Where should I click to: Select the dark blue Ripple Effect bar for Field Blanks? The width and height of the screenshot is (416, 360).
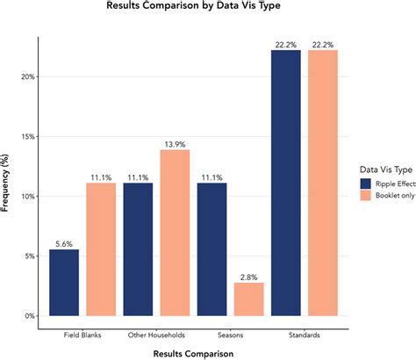click(64, 283)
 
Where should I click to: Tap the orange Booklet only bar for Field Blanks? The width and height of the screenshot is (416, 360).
click(101, 250)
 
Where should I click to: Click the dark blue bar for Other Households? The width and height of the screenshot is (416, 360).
click(139, 250)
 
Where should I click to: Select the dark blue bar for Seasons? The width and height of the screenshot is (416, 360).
click(212, 250)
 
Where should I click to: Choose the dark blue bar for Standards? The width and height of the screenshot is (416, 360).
click(286, 184)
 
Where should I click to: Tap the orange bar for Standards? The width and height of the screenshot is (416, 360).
click(323, 184)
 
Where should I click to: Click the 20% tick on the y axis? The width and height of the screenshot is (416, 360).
click(29, 77)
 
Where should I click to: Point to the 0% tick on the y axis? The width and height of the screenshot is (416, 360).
click(32, 316)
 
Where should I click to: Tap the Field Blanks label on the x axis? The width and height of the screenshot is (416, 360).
click(82, 335)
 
